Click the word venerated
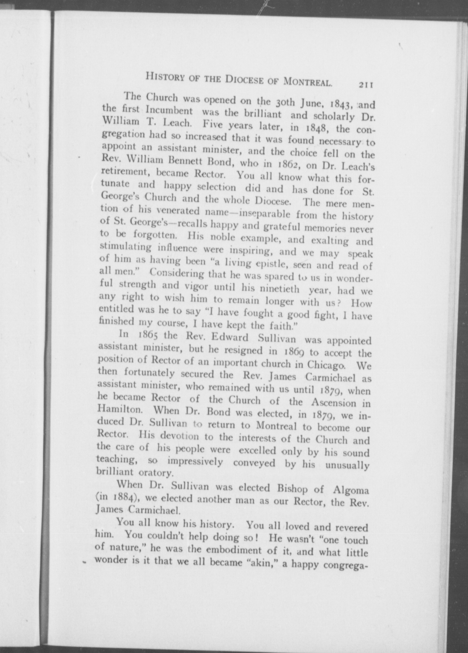[x=178, y=211]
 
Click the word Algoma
[x=351, y=490]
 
